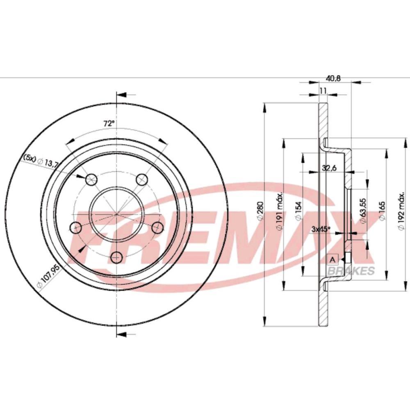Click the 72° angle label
(x=108, y=123)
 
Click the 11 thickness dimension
(x=323, y=91)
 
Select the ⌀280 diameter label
(x=259, y=212)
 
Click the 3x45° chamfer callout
(x=320, y=230)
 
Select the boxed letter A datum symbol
(x=333, y=259)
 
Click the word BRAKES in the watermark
(x=351, y=271)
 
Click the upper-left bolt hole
(x=91, y=179)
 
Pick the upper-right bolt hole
(x=142, y=178)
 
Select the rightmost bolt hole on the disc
(x=157, y=226)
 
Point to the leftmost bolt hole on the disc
(x=76, y=227)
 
